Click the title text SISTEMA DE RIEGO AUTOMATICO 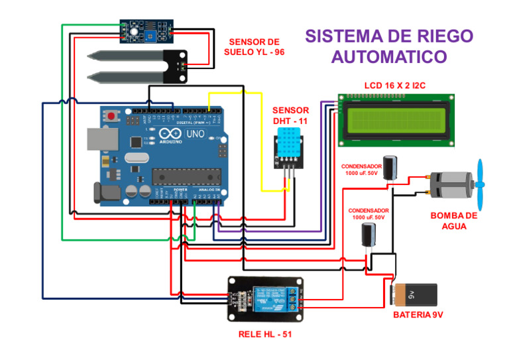click(x=389, y=46)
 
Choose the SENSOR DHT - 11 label click(x=290, y=115)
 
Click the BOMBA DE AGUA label click(x=453, y=221)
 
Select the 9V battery click(x=414, y=295)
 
